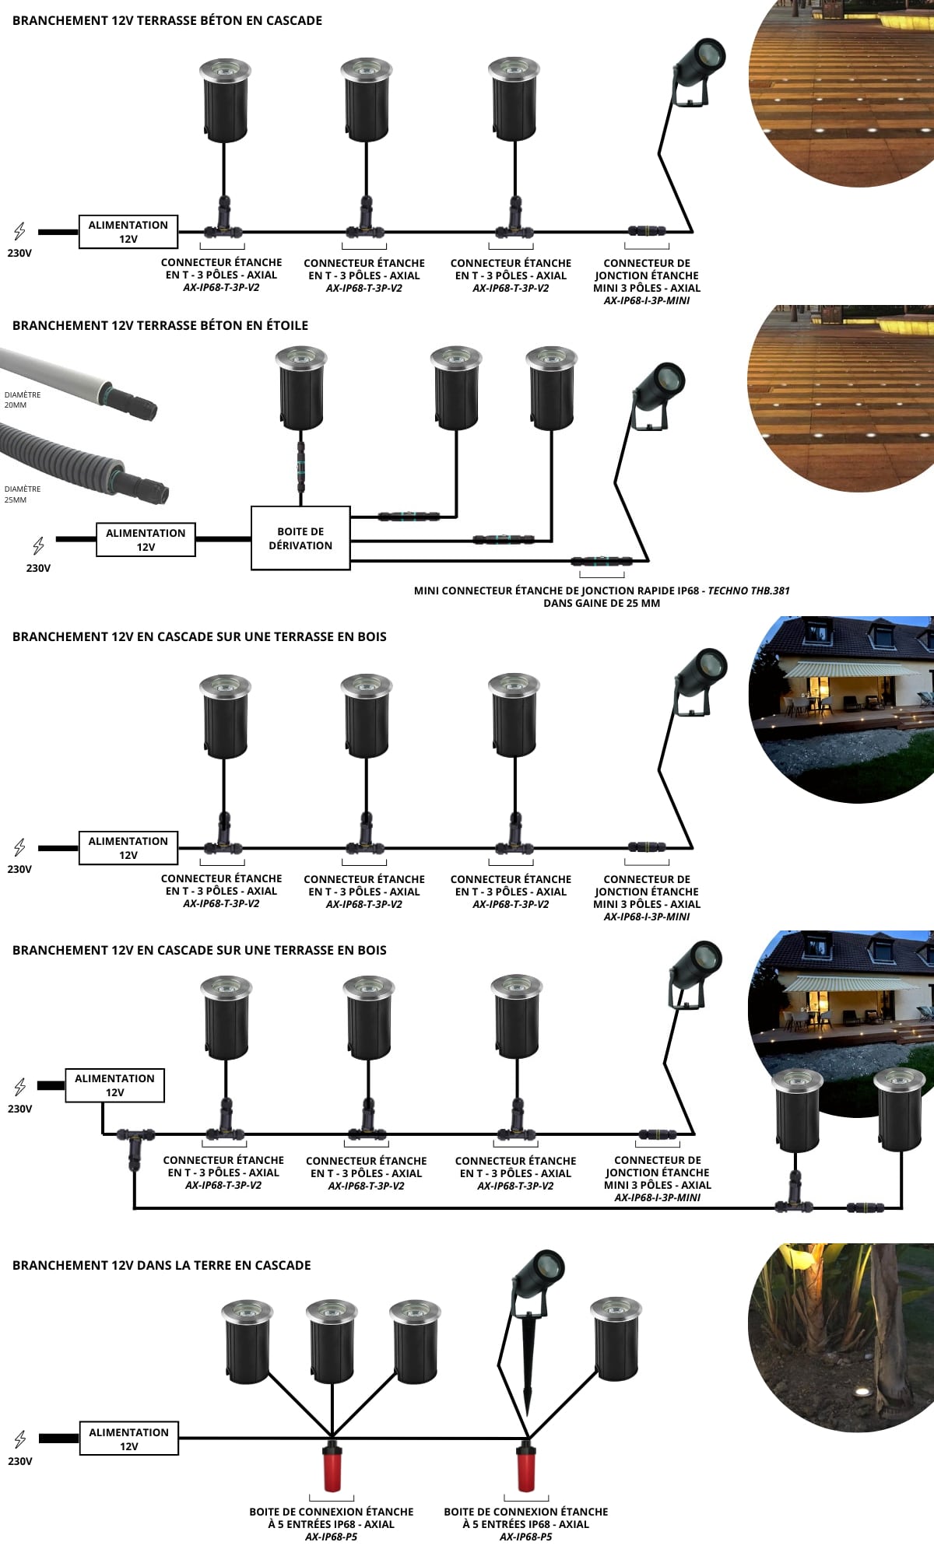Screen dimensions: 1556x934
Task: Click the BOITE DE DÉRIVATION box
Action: [300, 538]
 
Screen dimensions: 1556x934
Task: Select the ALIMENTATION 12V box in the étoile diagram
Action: [146, 539]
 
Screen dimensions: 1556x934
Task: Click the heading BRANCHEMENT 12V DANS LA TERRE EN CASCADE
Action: [161, 1265]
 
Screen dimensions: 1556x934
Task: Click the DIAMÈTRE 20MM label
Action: [22, 399]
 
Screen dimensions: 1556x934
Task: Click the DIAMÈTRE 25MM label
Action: [22, 494]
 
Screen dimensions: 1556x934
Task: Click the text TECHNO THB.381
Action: [748, 591]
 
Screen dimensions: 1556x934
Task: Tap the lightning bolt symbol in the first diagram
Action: [19, 230]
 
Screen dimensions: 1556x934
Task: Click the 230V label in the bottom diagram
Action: [20, 1460]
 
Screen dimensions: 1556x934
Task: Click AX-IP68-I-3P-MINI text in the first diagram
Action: [647, 300]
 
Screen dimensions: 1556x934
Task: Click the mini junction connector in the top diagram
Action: [648, 230]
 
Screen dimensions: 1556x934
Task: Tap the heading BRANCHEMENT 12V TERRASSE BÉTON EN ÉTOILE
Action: [160, 325]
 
